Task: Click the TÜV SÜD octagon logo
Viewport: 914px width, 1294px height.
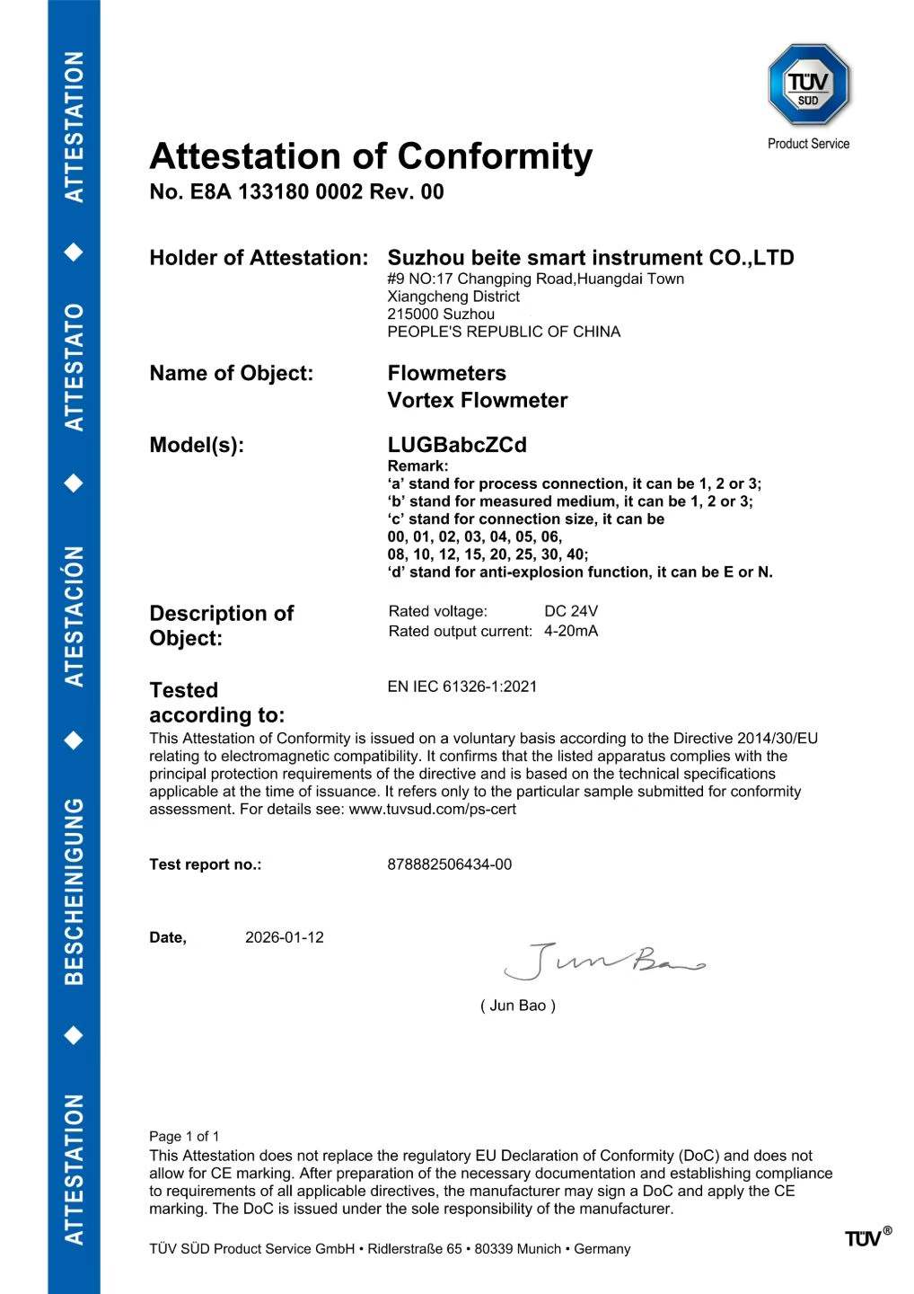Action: click(808, 85)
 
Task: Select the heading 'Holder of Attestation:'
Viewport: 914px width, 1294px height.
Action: click(259, 258)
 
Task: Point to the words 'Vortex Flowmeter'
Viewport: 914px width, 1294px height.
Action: click(477, 401)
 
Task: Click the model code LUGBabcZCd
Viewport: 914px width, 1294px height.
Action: click(457, 445)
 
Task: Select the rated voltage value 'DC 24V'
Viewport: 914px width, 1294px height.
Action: click(571, 612)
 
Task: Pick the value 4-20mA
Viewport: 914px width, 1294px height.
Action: click(571, 631)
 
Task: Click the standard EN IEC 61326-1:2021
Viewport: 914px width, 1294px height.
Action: click(462, 687)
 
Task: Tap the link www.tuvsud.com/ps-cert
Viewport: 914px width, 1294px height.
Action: click(432, 809)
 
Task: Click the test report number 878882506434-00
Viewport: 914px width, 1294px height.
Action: click(450, 864)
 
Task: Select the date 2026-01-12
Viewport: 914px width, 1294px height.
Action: click(285, 937)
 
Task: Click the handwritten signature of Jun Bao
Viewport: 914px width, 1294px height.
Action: click(602, 962)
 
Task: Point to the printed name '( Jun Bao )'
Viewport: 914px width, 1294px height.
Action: click(518, 1006)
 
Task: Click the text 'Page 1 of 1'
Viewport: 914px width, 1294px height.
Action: click(184, 1136)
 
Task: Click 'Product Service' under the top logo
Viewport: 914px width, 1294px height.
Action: click(808, 144)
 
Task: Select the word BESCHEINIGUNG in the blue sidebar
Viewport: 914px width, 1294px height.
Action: click(75, 890)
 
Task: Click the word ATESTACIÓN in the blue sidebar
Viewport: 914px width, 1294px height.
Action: click(75, 616)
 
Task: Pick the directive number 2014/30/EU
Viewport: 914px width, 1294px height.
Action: click(778, 739)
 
